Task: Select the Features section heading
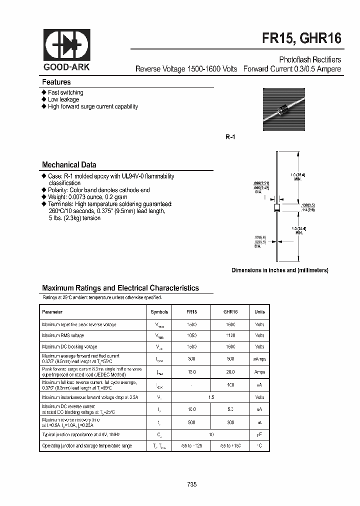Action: tap(56, 82)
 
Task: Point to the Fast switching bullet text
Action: tap(65, 92)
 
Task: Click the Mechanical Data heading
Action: tap(69, 164)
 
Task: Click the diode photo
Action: tap(283, 109)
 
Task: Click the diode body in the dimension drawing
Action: tap(276, 208)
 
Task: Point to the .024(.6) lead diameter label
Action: tap(256, 237)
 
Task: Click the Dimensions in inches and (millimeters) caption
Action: tap(279, 270)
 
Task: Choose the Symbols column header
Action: tap(159, 311)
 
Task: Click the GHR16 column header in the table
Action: tap(230, 311)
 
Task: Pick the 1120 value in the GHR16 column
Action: tap(230, 335)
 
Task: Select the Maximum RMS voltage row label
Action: tap(63, 335)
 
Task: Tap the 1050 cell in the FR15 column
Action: tap(192, 335)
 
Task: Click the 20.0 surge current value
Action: tap(230, 372)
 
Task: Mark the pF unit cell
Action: tap(259, 434)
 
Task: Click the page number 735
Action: tap(192, 484)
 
